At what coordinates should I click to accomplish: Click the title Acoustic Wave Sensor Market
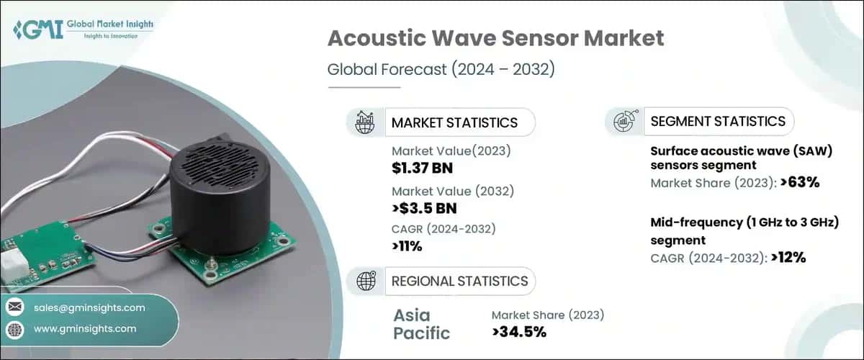point(495,39)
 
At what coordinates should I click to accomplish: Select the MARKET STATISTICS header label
point(454,122)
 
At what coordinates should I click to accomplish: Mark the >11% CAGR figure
point(407,247)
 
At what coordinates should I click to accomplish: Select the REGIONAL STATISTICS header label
point(459,281)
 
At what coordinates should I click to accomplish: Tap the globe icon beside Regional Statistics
point(365,281)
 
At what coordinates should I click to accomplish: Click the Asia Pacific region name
point(422,323)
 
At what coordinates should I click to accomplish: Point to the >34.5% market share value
point(518,332)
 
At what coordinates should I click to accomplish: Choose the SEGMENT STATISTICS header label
point(718,121)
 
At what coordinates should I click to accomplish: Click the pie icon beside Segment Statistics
point(623,121)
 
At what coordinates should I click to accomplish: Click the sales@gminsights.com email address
point(89,307)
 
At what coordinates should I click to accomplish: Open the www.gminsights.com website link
point(85,329)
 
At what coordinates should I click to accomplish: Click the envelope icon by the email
point(15,307)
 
